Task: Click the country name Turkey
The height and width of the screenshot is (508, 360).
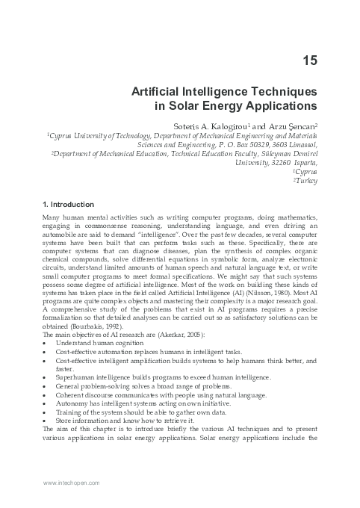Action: (x=308, y=180)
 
